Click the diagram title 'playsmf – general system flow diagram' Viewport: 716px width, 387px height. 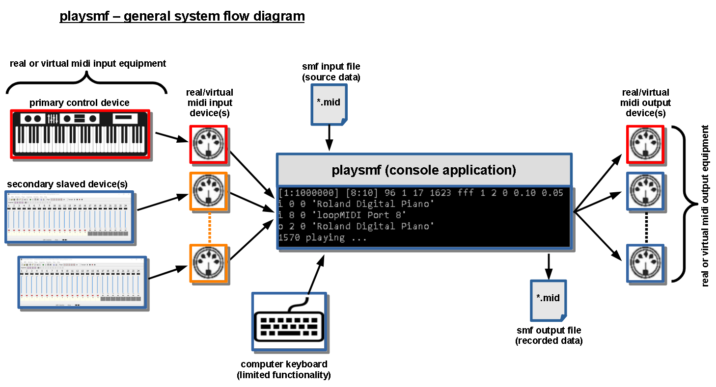(182, 16)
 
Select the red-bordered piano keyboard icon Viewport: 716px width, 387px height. (80, 134)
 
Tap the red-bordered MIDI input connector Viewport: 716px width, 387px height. (209, 144)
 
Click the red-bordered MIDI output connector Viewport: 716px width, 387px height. (645, 144)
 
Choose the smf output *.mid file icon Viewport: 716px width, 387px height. (548, 299)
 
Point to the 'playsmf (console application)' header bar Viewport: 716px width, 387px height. (424, 170)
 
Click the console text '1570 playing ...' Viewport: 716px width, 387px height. (323, 238)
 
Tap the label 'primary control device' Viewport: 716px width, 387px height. (80, 103)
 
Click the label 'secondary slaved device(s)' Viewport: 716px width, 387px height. (67, 184)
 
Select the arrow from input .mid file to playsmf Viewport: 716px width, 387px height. (329, 138)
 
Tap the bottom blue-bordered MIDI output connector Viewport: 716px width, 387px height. (645, 263)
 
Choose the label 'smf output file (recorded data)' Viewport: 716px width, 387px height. (549, 335)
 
